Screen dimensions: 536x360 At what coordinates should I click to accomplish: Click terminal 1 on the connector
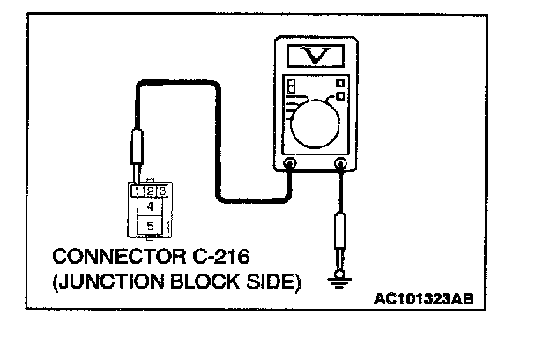pyautogui.click(x=138, y=191)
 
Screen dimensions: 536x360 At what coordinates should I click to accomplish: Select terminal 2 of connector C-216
pyautogui.click(x=150, y=191)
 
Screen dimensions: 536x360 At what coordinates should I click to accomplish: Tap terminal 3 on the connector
pyautogui.click(x=161, y=191)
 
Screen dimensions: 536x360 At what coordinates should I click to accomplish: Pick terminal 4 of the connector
pyautogui.click(x=150, y=206)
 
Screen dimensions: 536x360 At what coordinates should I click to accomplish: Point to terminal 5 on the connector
pyautogui.click(x=150, y=226)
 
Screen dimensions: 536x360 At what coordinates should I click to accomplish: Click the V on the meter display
pyautogui.click(x=316, y=57)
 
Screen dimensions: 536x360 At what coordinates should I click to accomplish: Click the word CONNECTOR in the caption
pyautogui.click(x=105, y=258)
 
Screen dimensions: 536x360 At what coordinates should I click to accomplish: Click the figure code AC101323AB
pyautogui.click(x=423, y=300)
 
